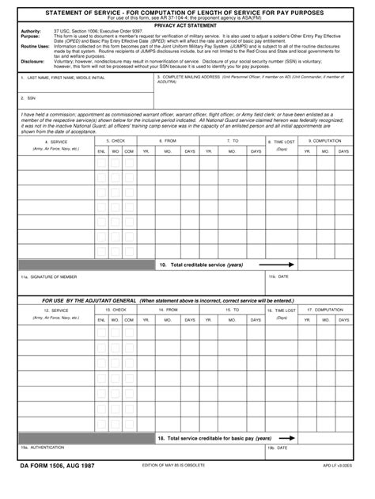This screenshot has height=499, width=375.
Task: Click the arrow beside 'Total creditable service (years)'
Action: [x=286, y=265]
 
